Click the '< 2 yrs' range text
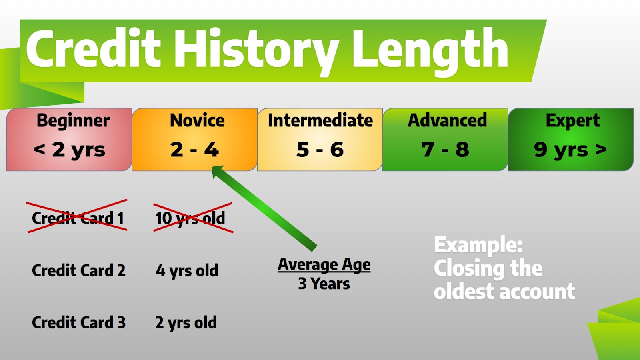click(70, 150)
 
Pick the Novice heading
click(197, 120)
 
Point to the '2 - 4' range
click(194, 150)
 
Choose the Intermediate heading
click(320, 120)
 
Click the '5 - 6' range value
click(320, 150)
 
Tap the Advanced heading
click(447, 120)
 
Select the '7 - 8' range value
click(445, 150)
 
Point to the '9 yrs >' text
click(570, 150)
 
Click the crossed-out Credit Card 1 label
click(78, 218)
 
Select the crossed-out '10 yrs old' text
click(190, 219)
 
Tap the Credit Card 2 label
click(78, 270)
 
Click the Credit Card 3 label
click(78, 322)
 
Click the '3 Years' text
click(324, 284)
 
